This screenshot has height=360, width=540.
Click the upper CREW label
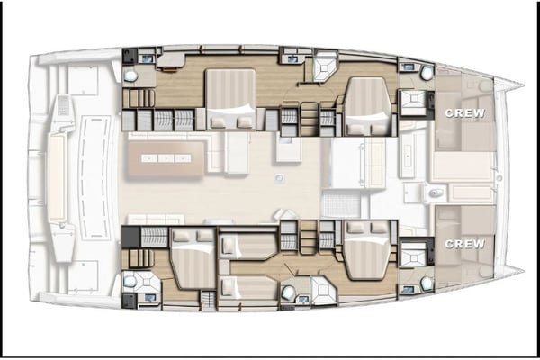[464, 113]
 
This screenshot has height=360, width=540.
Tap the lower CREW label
[464, 244]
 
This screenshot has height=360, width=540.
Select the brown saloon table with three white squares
[165, 159]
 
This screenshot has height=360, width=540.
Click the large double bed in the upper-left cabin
[231, 99]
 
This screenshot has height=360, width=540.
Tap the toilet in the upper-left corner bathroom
[131, 77]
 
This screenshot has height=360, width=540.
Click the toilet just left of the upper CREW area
[426, 73]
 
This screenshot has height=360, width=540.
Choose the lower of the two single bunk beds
[247, 287]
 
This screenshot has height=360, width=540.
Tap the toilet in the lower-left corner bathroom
[131, 281]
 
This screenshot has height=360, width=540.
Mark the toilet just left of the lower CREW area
[426, 283]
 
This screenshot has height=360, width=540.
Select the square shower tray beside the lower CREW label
[413, 253]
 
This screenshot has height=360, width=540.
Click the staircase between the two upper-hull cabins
[308, 117]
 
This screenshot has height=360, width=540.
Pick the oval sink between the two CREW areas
[436, 193]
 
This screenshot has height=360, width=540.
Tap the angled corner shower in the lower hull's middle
[321, 290]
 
